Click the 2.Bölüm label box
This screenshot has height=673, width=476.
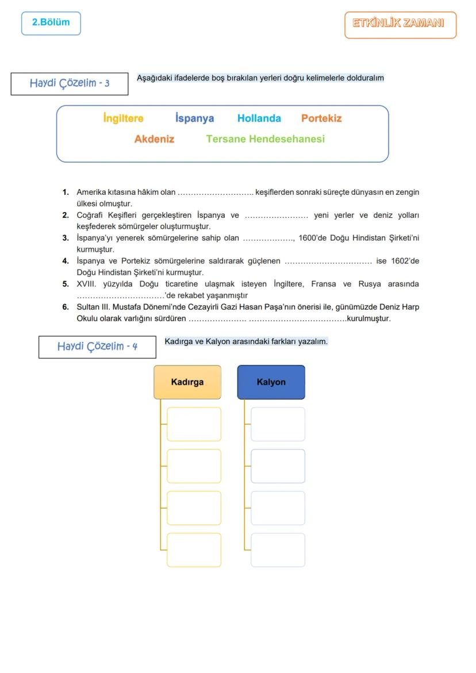coord(51,23)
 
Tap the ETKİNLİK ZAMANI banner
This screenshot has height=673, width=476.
coord(400,24)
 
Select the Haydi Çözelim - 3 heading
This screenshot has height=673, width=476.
coord(70,83)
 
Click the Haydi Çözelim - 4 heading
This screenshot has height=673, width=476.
coord(97,347)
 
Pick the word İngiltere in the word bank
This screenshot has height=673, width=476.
coord(123,118)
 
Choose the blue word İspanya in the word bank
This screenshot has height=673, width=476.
coord(194,118)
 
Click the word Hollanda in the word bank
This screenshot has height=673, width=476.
coord(259,118)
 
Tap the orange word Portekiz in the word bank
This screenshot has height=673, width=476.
coord(321,118)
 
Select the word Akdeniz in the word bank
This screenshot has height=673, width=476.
coord(154,139)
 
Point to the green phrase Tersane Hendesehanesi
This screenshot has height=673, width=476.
coord(265,139)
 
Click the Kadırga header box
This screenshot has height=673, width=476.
coord(187,382)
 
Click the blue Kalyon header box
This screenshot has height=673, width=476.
coord(271,382)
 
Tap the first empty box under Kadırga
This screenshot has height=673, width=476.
coord(194,424)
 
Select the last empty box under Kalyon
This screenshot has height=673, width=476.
coord(278,550)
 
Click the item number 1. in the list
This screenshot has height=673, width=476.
coord(66,192)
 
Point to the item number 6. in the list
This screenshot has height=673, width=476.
coord(66,307)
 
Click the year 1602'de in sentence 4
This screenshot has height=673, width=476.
coord(405,261)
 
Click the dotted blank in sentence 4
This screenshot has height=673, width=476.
coord(328,261)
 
